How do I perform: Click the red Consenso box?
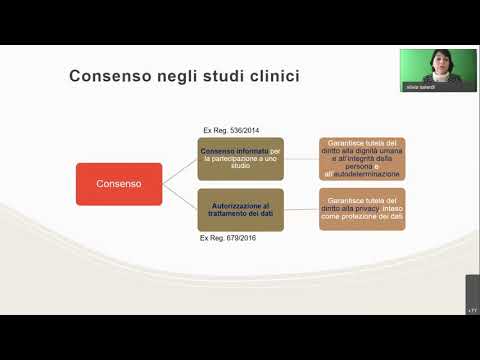coord(119,184)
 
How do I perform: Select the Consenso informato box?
coord(241,158)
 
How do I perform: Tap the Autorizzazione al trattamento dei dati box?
coord(241,209)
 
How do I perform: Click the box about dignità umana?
coord(362,158)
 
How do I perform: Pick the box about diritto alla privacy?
coord(362,209)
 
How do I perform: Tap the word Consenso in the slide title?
coord(105,77)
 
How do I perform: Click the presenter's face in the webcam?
coord(438,61)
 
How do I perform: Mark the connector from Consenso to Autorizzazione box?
coord(180,197)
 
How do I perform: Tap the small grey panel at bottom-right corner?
coord(472,297)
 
